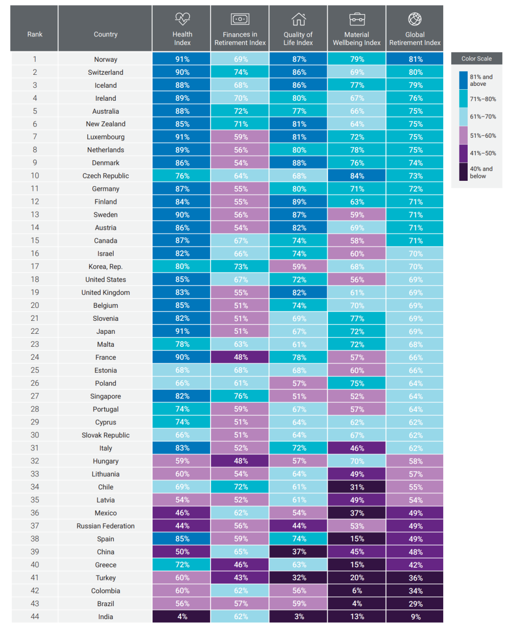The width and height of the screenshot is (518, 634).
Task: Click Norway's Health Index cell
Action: pos(182,59)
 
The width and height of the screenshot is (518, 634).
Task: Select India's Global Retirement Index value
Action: pos(415,617)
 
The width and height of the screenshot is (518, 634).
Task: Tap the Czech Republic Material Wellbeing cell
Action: pos(357,176)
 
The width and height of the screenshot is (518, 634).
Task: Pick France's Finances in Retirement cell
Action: pos(240,357)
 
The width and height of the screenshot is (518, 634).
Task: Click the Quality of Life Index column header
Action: pos(298,38)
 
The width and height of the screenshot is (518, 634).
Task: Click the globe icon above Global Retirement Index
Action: pos(415,19)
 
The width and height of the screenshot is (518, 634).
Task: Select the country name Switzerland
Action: pos(106,72)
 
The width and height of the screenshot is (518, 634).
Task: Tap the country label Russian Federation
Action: pos(106,526)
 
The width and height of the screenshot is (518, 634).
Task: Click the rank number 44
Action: pos(35,617)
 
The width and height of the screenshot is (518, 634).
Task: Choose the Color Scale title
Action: pos(476,59)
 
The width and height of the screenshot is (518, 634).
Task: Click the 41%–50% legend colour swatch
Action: pos(463,153)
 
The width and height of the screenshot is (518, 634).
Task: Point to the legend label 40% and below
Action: pos(481,172)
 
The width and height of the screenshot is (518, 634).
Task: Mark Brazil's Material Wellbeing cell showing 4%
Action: pos(357,604)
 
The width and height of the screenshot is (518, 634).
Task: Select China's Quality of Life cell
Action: pos(299,552)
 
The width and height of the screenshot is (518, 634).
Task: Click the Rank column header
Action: pos(35,35)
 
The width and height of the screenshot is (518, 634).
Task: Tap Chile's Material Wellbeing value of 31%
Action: pos(357,487)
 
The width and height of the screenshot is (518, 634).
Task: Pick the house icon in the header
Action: pos(298,19)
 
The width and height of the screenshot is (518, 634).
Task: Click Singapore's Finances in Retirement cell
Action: pos(240,396)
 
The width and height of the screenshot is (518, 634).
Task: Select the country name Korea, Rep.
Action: pos(106,267)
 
